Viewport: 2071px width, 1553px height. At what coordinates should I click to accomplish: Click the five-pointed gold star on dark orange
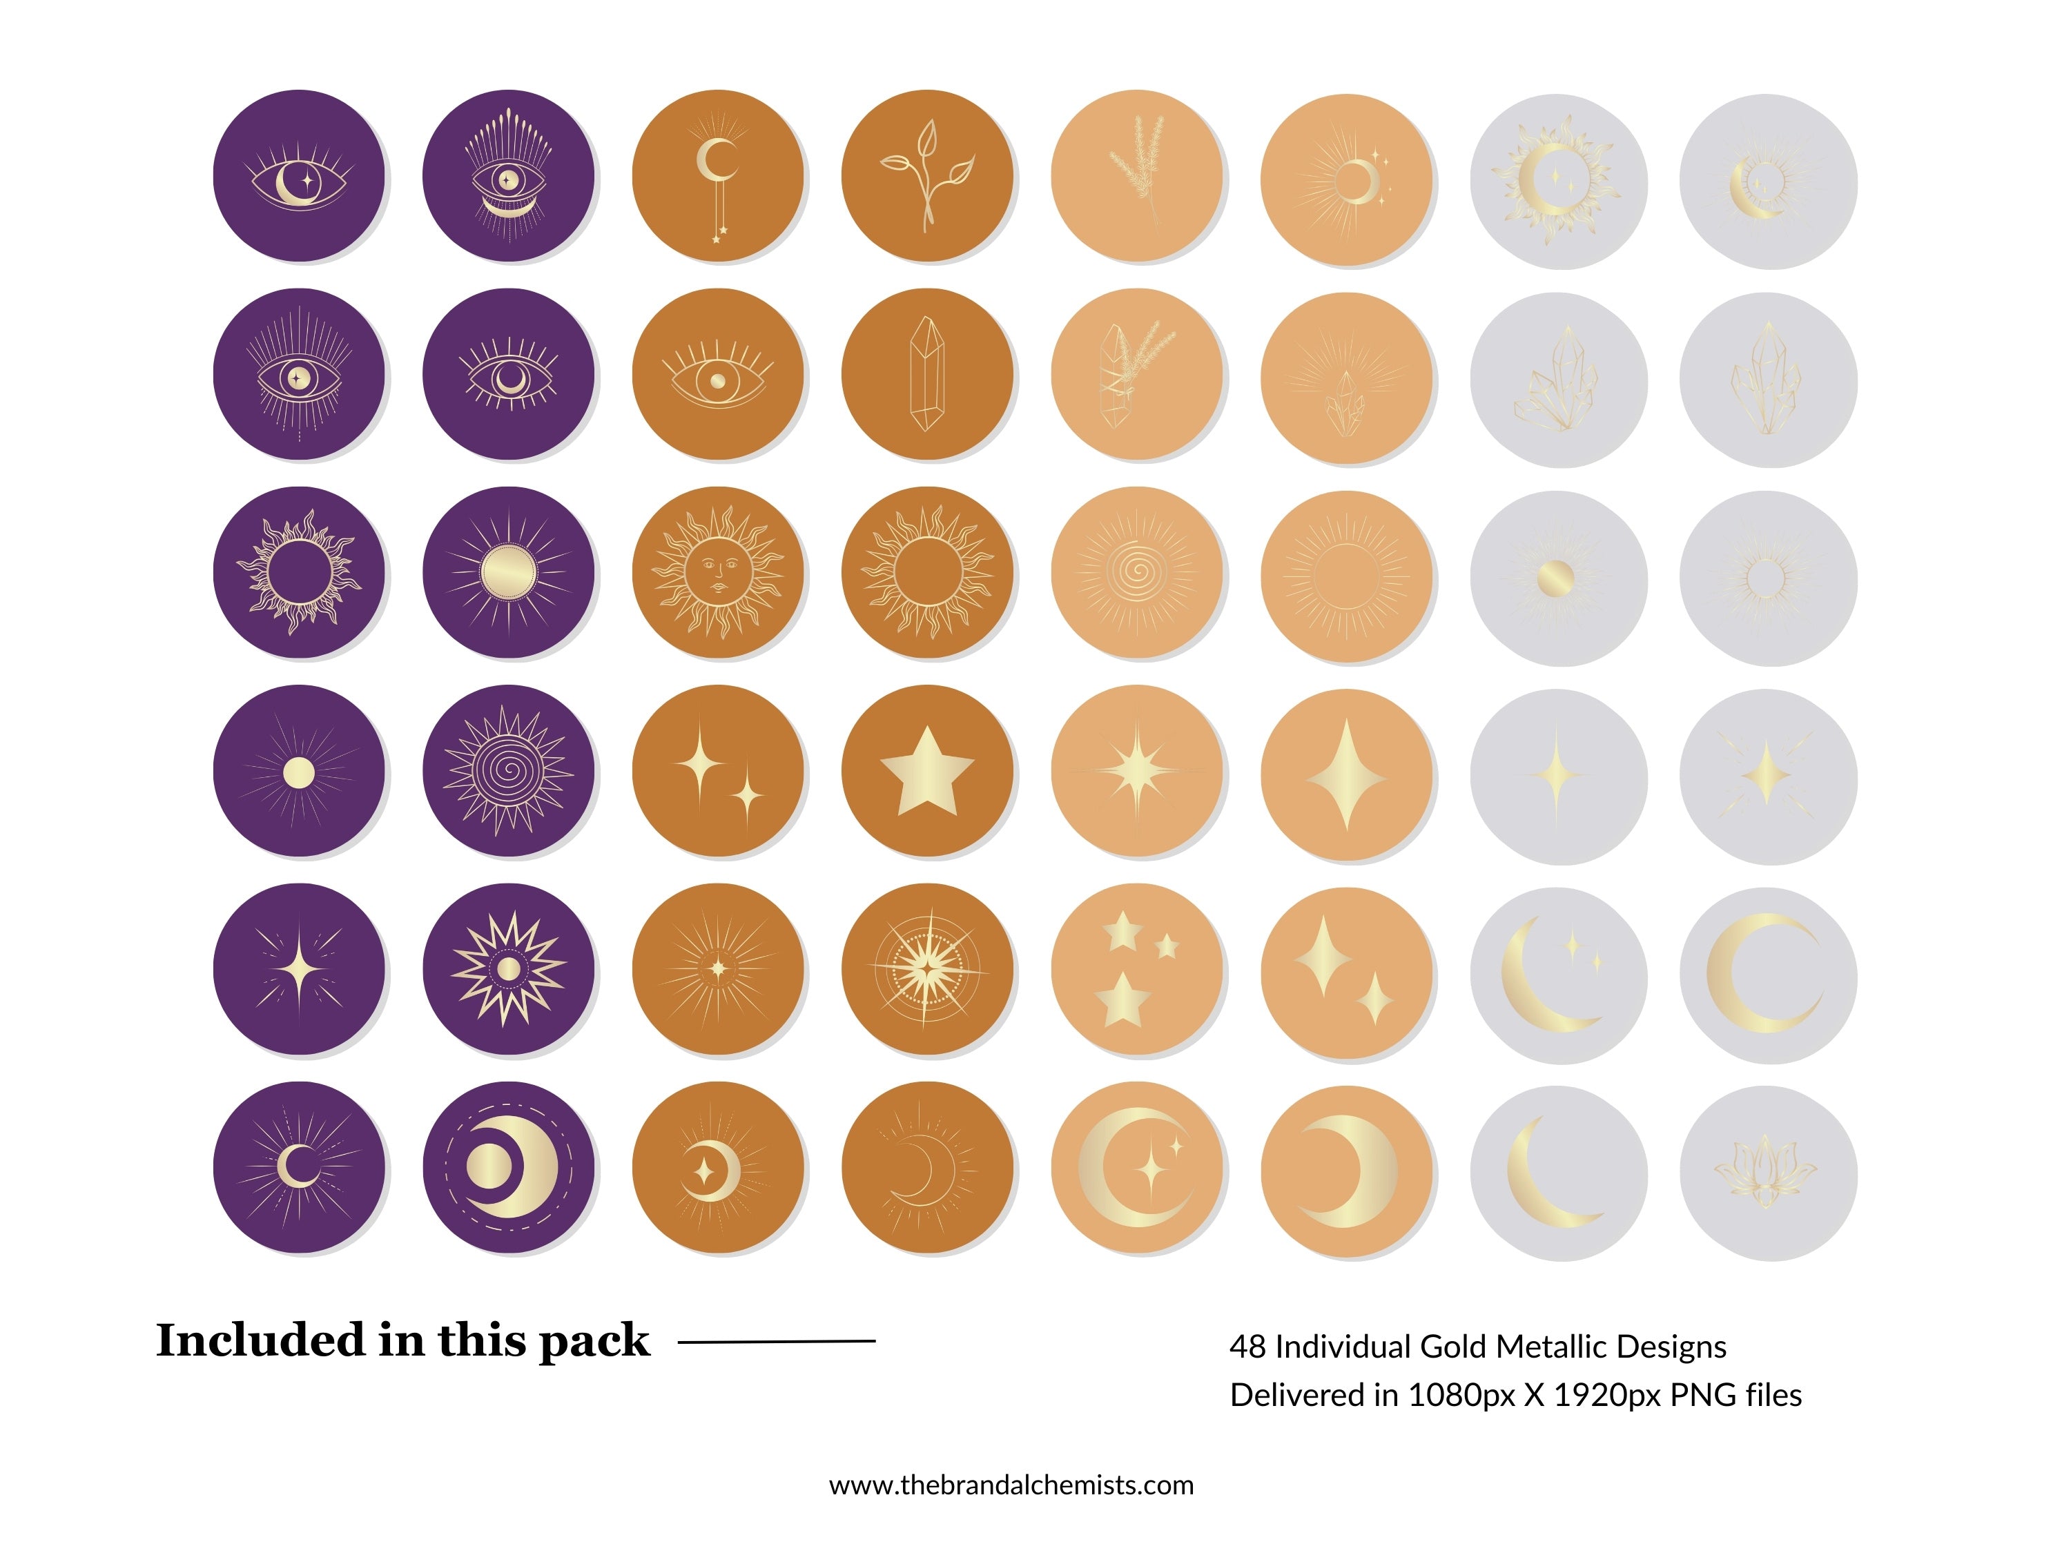pyautogui.click(x=927, y=770)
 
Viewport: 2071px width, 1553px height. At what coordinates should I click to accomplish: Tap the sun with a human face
pyautogui.click(x=717, y=572)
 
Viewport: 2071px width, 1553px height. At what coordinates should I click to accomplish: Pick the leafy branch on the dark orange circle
pyautogui.click(x=927, y=175)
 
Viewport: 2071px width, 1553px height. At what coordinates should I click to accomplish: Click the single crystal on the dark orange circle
pyautogui.click(x=927, y=373)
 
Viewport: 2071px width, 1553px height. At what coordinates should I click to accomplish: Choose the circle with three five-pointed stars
pyautogui.click(x=1136, y=969)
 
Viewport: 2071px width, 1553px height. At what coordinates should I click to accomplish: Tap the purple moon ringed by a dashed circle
pyautogui.click(x=508, y=1167)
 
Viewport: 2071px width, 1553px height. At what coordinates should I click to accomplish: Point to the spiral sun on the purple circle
pyautogui.click(x=508, y=770)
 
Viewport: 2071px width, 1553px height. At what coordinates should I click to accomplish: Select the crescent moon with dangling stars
pyautogui.click(x=717, y=175)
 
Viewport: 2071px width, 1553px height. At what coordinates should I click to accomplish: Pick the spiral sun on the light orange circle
pyautogui.click(x=1136, y=572)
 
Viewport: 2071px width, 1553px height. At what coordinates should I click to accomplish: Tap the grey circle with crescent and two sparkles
pyautogui.click(x=1557, y=973)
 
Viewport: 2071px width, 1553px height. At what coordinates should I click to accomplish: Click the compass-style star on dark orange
pyautogui.click(x=927, y=969)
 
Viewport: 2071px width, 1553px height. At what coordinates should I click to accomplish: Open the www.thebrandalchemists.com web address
pyautogui.click(x=1011, y=1485)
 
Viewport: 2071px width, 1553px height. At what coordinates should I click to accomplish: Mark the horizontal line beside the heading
pyautogui.click(x=776, y=1341)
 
